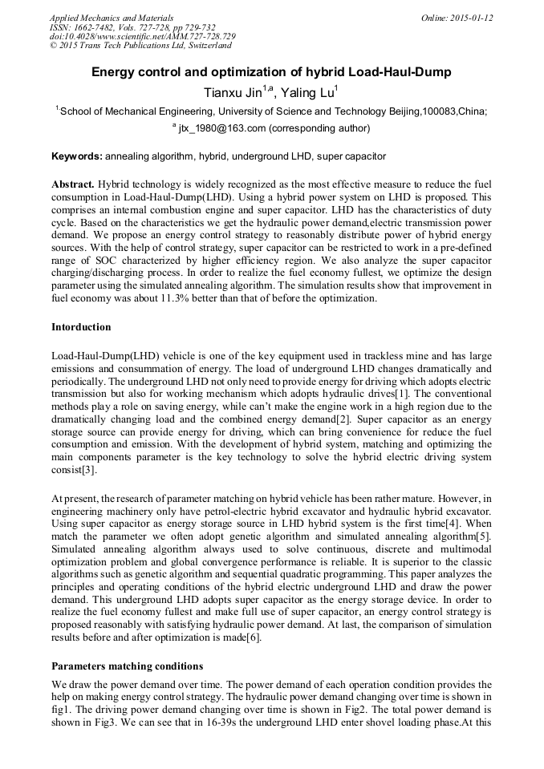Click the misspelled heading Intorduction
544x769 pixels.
tap(81, 327)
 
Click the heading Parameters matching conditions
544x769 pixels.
tap(127, 666)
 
